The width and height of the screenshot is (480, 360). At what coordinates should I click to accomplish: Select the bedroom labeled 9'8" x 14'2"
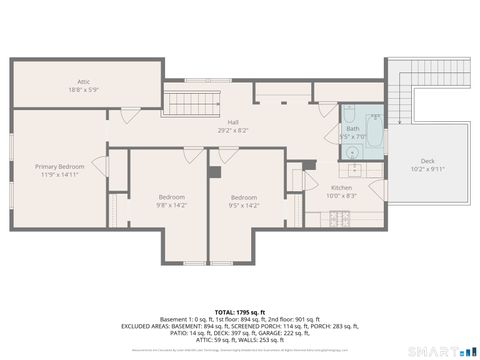click(170, 201)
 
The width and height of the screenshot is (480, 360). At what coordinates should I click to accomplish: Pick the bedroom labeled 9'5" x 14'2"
click(245, 201)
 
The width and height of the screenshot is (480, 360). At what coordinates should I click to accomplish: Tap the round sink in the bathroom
click(353, 153)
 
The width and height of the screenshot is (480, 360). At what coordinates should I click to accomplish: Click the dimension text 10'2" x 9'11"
click(427, 168)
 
